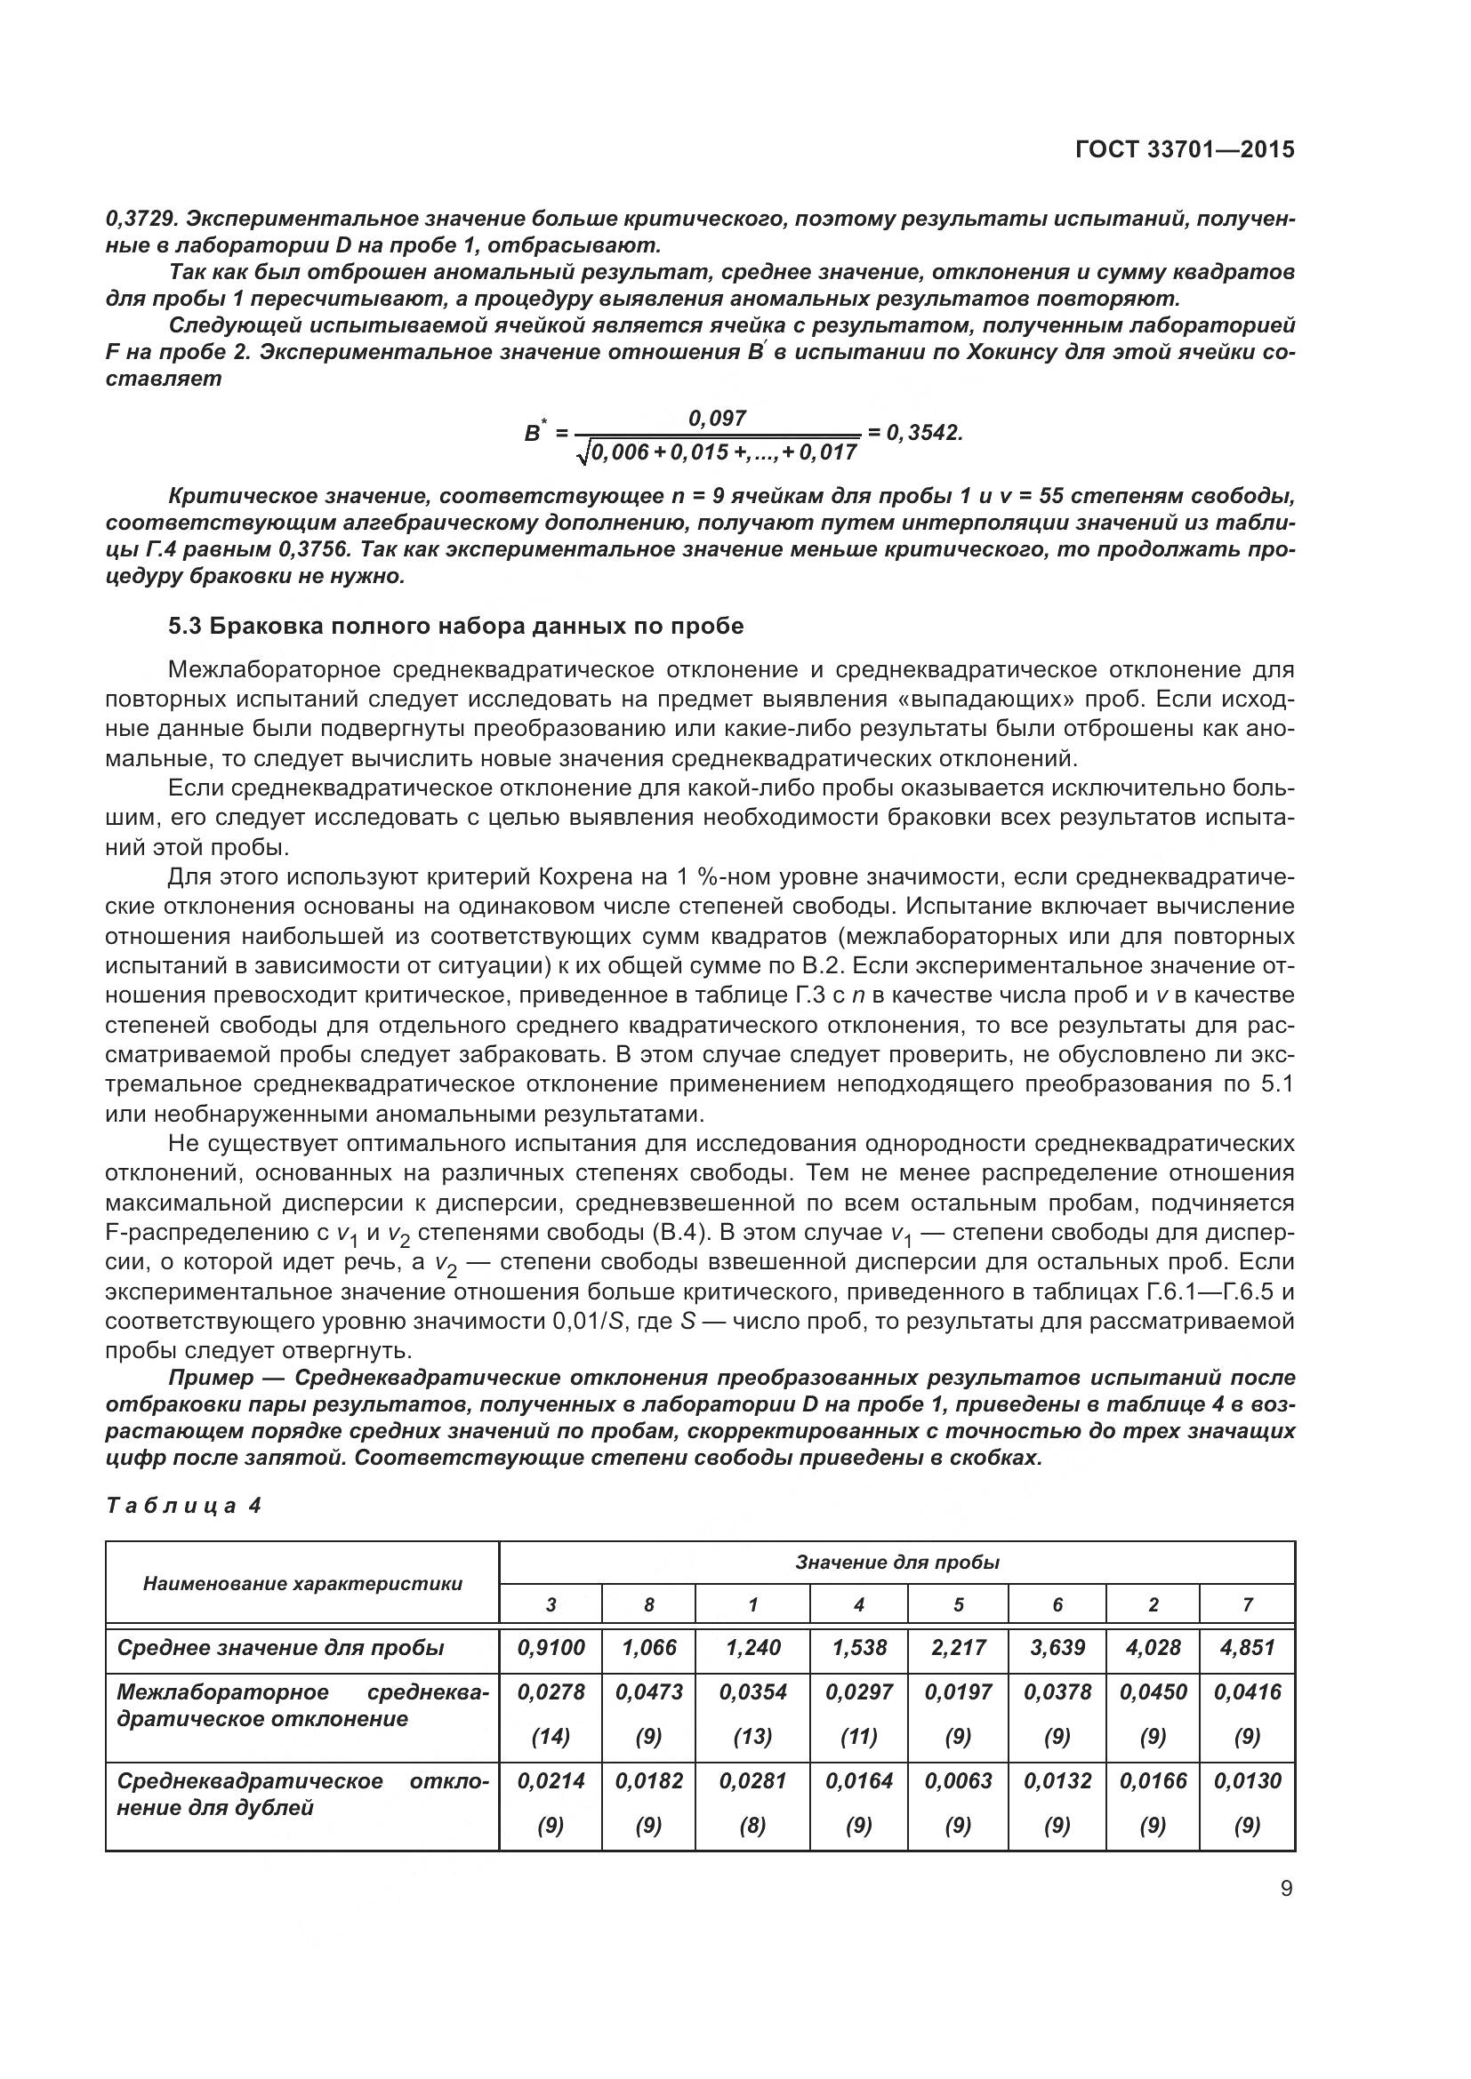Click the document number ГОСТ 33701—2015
tap(1184, 149)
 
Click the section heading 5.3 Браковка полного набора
tap(455, 627)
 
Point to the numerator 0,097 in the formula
tap(718, 418)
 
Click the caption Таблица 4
tap(184, 1506)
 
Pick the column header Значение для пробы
tap(896, 1562)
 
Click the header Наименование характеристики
tap(302, 1583)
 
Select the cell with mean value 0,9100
tap(551, 1647)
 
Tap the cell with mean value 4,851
tap(1247, 1647)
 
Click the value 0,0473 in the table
tap(648, 1691)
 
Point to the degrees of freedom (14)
tap(551, 1736)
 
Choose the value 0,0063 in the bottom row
tap(959, 1780)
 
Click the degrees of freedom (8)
tap(752, 1825)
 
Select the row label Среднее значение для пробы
tap(281, 1647)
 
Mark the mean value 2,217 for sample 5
tap(959, 1647)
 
